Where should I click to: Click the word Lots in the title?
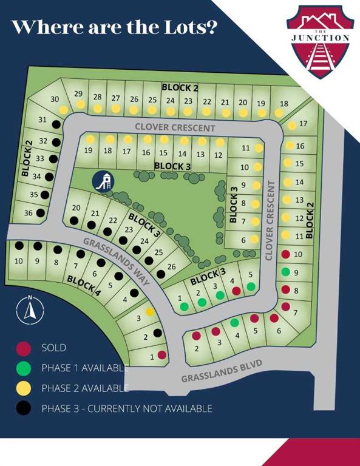pos(185,27)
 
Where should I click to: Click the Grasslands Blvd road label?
pos(221,371)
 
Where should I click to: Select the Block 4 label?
pos(83,285)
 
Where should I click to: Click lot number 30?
pos(55,99)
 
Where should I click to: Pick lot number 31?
pos(42,120)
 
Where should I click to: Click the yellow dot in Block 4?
pos(149,311)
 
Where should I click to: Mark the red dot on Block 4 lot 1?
pos(161,354)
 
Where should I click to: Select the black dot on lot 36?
pos(40,212)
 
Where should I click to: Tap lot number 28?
pos(97,97)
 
